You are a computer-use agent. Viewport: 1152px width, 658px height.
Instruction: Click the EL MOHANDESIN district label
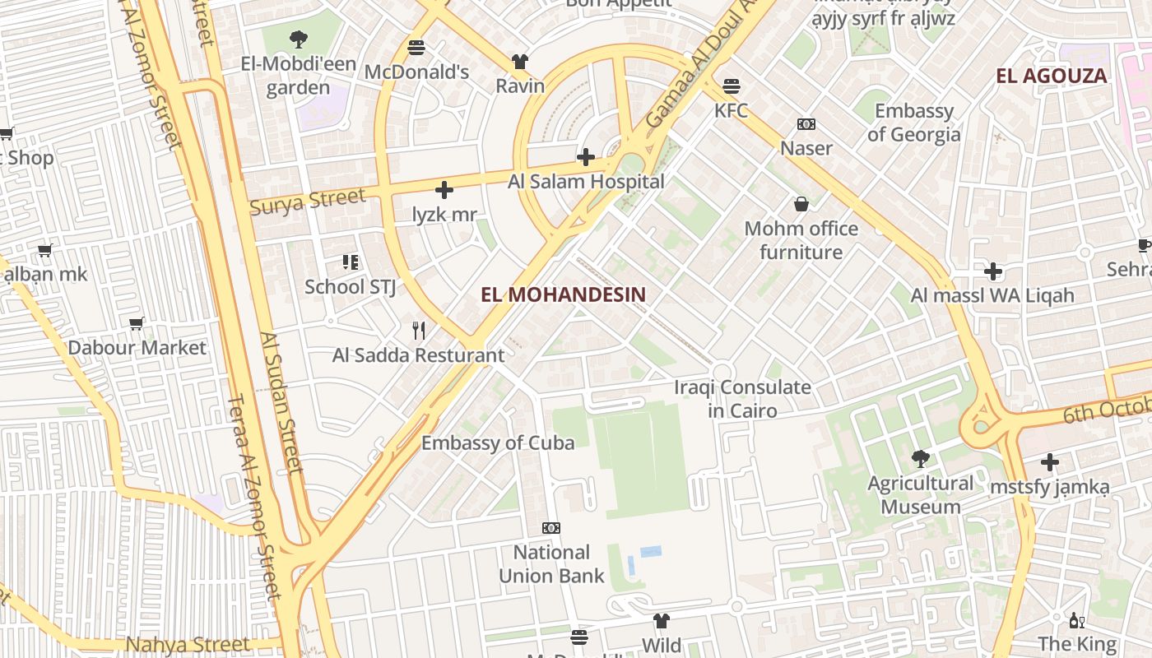pyautogui.click(x=563, y=294)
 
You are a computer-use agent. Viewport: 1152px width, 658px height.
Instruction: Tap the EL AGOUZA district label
pyautogui.click(x=1051, y=76)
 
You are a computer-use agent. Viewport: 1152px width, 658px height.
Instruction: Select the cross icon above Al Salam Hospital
pyautogui.click(x=585, y=156)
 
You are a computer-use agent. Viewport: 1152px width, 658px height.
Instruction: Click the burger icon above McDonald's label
pyautogui.click(x=416, y=48)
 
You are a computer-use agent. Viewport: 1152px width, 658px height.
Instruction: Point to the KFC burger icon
pyautogui.click(x=731, y=86)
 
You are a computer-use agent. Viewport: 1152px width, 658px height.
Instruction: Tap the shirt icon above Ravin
pyautogui.click(x=519, y=62)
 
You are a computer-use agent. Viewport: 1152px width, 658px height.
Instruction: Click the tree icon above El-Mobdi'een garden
pyautogui.click(x=298, y=39)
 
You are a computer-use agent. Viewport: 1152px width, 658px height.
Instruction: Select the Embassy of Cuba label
pyautogui.click(x=498, y=443)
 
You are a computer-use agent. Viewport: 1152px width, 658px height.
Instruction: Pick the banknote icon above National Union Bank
pyautogui.click(x=550, y=527)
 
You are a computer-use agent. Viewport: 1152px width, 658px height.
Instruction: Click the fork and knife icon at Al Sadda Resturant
pyautogui.click(x=419, y=331)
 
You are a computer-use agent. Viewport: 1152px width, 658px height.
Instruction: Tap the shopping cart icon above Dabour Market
pyautogui.click(x=137, y=323)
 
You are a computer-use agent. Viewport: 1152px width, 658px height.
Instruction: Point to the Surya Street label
pyautogui.click(x=307, y=201)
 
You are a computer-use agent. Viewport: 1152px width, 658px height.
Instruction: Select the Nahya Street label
pyautogui.click(x=188, y=644)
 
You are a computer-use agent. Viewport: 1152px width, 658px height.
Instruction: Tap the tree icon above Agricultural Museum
pyautogui.click(x=920, y=458)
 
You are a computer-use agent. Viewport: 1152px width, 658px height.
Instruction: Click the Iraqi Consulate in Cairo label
pyautogui.click(x=742, y=398)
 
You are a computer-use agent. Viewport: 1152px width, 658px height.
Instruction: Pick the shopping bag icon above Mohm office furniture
pyautogui.click(x=801, y=204)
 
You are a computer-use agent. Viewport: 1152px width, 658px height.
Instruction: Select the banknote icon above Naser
pyautogui.click(x=806, y=124)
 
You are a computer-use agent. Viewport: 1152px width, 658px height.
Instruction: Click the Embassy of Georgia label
pyautogui.click(x=913, y=123)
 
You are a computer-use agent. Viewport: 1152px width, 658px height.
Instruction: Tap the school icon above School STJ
pyautogui.click(x=350, y=262)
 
